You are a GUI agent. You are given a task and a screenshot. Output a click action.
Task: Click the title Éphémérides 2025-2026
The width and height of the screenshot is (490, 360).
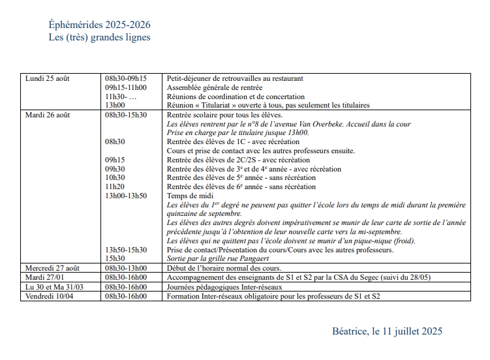pyautogui.click(x=99, y=25)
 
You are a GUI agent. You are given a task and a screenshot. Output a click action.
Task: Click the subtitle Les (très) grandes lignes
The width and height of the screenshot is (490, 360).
pyautogui.click(x=99, y=37)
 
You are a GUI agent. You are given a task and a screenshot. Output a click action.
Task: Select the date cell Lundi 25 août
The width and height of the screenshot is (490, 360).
pyautogui.click(x=47, y=78)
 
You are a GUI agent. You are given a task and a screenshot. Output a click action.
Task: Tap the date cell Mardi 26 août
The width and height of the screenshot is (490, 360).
pyautogui.click(x=47, y=115)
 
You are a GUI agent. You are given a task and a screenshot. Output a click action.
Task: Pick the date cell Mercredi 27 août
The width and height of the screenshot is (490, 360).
pyautogui.click(x=52, y=268)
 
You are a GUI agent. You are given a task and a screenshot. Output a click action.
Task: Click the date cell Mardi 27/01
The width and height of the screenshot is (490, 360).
pyautogui.click(x=44, y=277)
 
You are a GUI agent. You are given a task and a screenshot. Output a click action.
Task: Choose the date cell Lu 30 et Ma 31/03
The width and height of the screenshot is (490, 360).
pyautogui.click(x=54, y=286)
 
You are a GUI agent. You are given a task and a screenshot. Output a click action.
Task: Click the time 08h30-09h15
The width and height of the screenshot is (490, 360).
pyautogui.click(x=126, y=78)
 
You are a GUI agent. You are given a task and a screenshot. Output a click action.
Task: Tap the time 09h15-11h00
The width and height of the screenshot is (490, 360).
pyautogui.click(x=126, y=87)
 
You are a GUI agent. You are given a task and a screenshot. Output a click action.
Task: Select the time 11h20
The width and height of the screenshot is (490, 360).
pyautogui.click(x=115, y=187)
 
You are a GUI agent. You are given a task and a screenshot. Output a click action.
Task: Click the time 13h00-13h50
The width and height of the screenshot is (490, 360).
pyautogui.click(x=126, y=196)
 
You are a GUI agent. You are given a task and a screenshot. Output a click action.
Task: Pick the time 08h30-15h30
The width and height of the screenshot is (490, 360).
pyautogui.click(x=126, y=115)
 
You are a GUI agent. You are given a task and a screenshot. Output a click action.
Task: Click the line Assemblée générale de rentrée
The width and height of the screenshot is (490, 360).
pyautogui.click(x=215, y=87)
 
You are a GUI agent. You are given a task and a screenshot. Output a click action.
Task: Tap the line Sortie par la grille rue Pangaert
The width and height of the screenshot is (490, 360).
pyautogui.click(x=219, y=259)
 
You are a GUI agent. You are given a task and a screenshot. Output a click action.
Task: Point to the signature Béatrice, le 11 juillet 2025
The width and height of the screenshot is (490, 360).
pyautogui.click(x=387, y=331)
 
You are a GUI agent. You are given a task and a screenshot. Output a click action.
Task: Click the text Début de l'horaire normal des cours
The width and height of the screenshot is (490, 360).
pyautogui.click(x=224, y=268)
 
